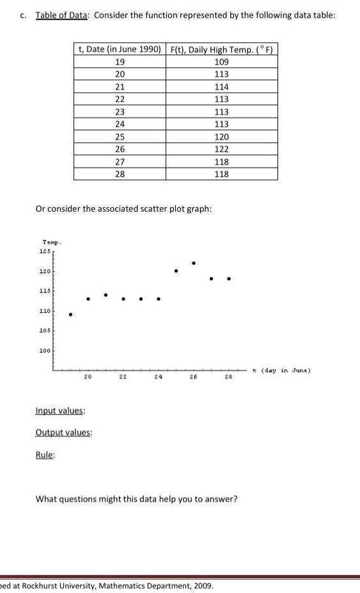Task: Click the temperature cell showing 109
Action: pyautogui.click(x=222, y=62)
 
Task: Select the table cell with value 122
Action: pyautogui.click(x=222, y=149)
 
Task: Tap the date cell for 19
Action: pyautogui.click(x=120, y=62)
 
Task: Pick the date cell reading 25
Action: pyautogui.click(x=120, y=137)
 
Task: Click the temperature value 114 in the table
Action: pyautogui.click(x=222, y=87)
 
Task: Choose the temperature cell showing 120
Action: pyautogui.click(x=222, y=137)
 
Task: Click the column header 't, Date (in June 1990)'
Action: pyautogui.click(x=119, y=49)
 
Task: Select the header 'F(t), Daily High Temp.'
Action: pyautogui.click(x=221, y=49)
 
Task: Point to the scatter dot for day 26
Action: pyautogui.click(x=194, y=262)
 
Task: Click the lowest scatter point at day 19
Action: pyautogui.click(x=71, y=314)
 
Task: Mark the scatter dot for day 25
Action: pyautogui.click(x=176, y=271)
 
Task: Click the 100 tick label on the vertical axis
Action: pyautogui.click(x=45, y=351)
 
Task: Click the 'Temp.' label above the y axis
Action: pyautogui.click(x=50, y=241)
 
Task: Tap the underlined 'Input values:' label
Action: pyautogui.click(x=61, y=411)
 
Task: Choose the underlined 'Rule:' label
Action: pyautogui.click(x=45, y=455)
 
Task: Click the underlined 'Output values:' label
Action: pyautogui.click(x=64, y=433)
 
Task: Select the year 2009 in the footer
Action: pyautogui.click(x=201, y=585)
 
